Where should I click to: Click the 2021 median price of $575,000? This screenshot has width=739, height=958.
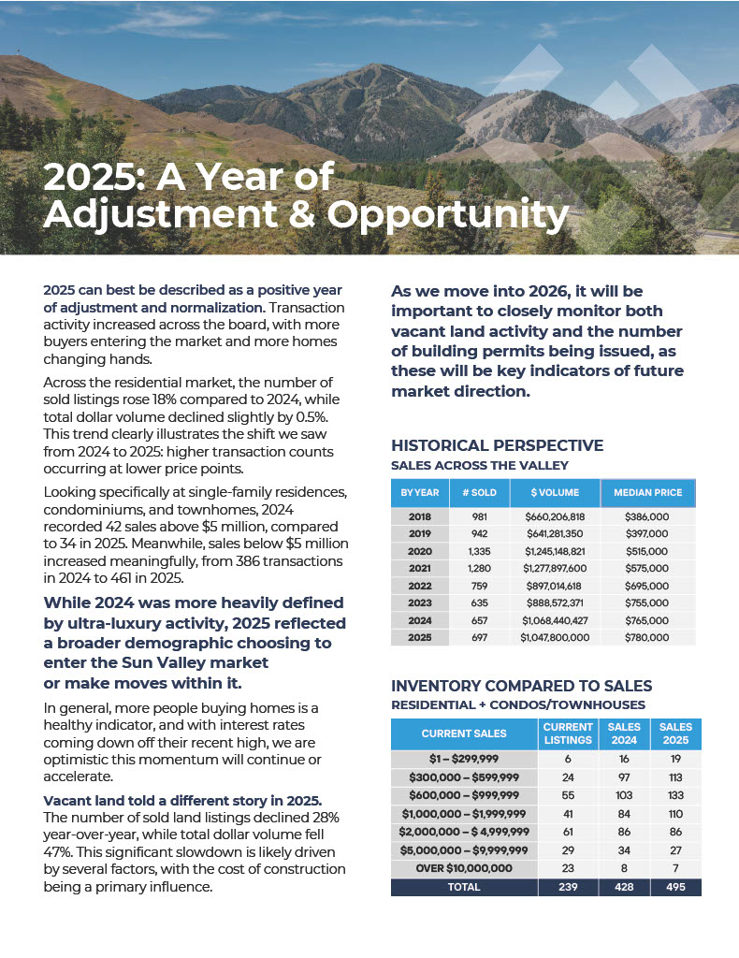647,568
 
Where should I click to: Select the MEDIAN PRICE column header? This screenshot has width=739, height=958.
647,492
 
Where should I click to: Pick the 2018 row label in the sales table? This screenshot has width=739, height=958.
419,516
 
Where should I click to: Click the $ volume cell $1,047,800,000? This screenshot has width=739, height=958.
555,637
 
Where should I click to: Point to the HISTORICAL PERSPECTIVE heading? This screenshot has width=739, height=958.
497,445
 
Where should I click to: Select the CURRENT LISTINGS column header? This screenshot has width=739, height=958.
568,733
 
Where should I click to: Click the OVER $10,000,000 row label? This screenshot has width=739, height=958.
465,868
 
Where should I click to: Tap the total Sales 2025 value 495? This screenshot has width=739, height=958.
675,886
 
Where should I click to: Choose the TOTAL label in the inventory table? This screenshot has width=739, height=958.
465,886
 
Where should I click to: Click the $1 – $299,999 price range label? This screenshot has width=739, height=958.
465,761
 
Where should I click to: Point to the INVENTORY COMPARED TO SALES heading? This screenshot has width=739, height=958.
521,686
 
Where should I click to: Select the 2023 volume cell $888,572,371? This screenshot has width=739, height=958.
555,602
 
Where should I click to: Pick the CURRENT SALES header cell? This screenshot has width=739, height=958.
465,733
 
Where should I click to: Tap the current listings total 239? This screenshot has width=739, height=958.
568,886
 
